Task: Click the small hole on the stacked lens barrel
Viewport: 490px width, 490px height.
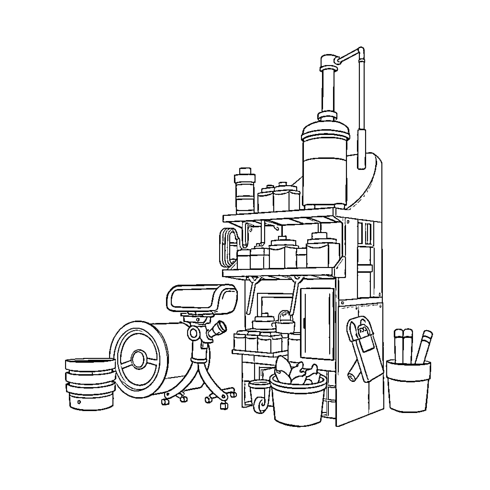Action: click(x=79, y=402)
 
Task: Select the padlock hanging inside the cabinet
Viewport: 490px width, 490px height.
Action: click(x=285, y=322)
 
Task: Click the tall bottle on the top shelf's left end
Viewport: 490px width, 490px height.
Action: click(x=245, y=191)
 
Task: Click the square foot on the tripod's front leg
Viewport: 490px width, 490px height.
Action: click(x=224, y=406)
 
